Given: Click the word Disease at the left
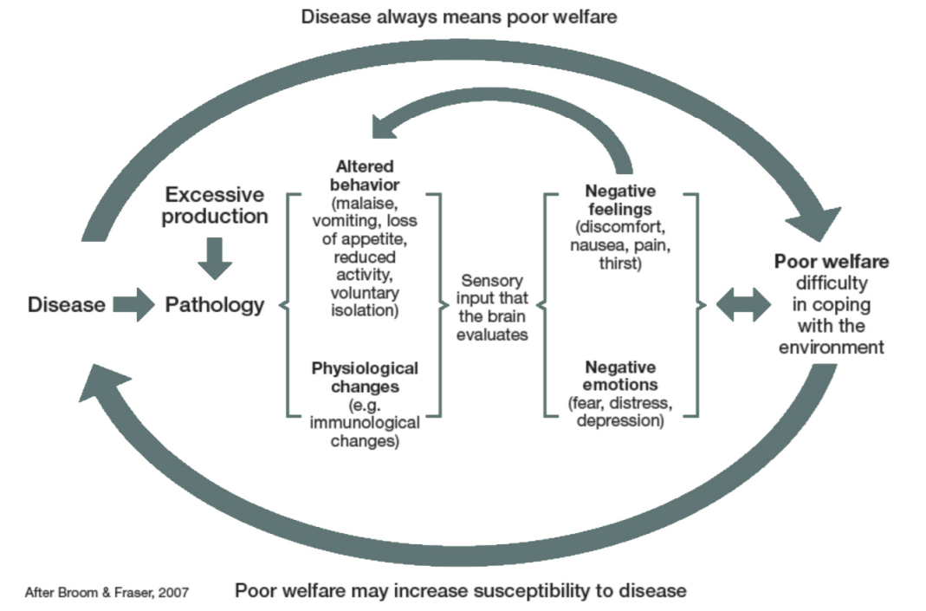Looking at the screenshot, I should (x=67, y=304).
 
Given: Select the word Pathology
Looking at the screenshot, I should (x=215, y=304).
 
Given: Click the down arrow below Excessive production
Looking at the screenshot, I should (x=215, y=257).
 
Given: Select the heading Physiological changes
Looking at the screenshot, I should (x=364, y=377).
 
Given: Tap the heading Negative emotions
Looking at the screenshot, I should (x=619, y=374).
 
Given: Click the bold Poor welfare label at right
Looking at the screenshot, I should (x=831, y=262).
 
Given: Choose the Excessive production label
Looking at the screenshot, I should (x=215, y=205).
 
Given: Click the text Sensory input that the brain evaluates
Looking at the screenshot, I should (x=493, y=308).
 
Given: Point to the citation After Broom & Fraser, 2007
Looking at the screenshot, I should (x=107, y=592).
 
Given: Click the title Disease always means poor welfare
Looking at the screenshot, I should (x=459, y=16).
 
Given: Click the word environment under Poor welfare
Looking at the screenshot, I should (x=831, y=347).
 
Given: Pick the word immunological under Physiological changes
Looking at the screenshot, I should (x=364, y=423).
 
